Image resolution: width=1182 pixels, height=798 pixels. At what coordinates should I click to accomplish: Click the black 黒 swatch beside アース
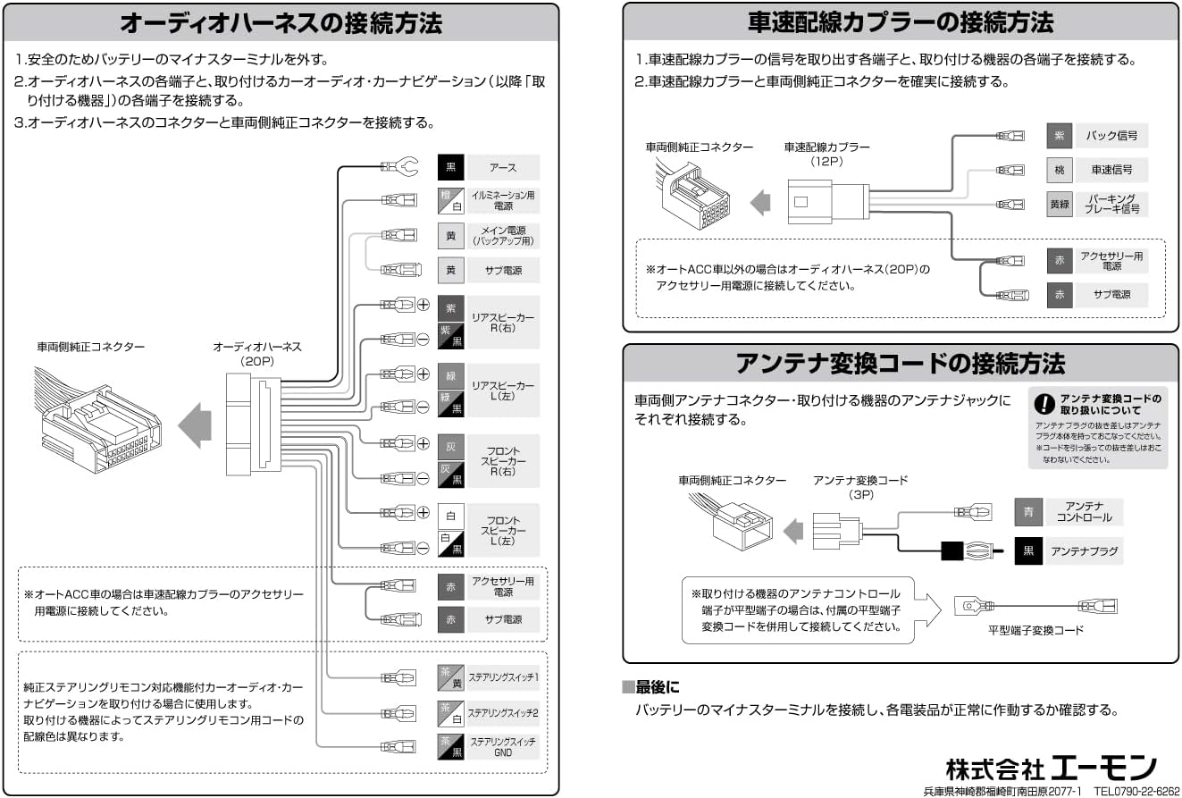click(x=451, y=167)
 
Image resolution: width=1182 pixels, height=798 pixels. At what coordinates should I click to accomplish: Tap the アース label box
click(x=503, y=167)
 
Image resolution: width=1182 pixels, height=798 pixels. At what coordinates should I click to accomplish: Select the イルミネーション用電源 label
click(x=503, y=199)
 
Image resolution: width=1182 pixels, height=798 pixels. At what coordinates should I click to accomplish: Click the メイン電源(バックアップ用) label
click(x=503, y=236)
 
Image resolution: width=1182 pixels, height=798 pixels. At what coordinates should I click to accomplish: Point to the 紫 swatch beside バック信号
click(x=1060, y=136)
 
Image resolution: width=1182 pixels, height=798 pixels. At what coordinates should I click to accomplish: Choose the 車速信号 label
click(x=1111, y=170)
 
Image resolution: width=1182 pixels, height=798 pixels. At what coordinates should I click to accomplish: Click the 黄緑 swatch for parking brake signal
click(x=1060, y=204)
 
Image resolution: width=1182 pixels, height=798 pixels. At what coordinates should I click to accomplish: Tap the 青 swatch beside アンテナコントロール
click(x=1028, y=512)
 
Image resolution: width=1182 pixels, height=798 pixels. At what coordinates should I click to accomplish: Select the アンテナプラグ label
click(x=1083, y=551)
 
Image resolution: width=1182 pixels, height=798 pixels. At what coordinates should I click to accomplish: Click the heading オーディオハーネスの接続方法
click(x=281, y=22)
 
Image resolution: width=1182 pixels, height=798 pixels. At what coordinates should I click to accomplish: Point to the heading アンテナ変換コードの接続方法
click(x=901, y=364)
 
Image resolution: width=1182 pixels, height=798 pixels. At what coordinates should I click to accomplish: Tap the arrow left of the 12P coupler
click(x=759, y=203)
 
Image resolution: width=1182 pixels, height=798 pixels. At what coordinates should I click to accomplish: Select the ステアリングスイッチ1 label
click(x=503, y=677)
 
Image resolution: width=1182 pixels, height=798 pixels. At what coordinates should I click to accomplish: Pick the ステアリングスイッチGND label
click(x=503, y=747)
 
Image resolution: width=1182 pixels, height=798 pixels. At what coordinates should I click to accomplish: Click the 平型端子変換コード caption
click(x=1035, y=631)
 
